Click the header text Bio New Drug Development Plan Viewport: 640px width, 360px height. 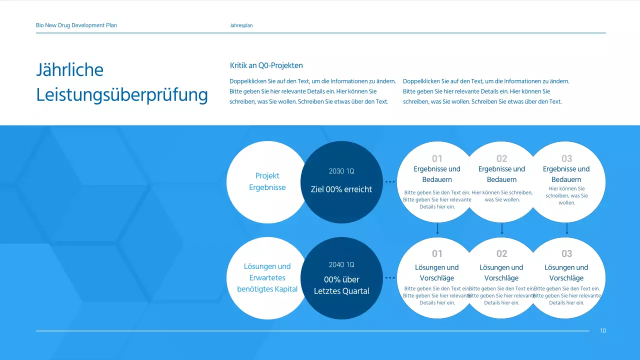[76, 25]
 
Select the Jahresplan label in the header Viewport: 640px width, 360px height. [241, 25]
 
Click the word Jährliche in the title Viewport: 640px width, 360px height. [69, 69]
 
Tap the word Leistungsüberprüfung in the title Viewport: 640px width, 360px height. [122, 95]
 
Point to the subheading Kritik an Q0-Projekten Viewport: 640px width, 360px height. [266, 65]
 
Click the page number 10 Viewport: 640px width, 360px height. [603, 330]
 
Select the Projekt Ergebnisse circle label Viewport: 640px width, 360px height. [267, 181]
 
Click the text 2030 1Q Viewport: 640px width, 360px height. [341, 171]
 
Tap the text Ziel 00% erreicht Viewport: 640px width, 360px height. [341, 189]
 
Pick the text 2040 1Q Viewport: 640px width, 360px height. [341, 264]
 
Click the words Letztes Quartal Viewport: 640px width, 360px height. [341, 291]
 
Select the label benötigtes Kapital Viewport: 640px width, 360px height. [267, 289]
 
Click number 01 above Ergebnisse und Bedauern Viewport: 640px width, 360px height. [437, 158]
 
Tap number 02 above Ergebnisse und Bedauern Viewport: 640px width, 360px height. [501, 158]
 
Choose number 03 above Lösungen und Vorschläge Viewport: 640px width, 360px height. [567, 253]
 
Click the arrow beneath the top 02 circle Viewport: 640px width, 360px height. [502, 228]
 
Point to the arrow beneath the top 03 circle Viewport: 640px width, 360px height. [567, 228]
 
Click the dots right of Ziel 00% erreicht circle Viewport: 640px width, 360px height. [390, 181]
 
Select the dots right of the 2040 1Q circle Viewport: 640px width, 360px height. [390, 277]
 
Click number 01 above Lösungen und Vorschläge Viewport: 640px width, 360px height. [437, 253]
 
